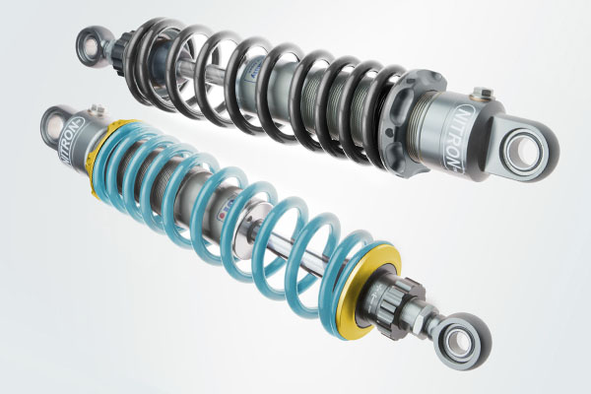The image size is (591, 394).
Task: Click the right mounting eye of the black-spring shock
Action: (x=527, y=148)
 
